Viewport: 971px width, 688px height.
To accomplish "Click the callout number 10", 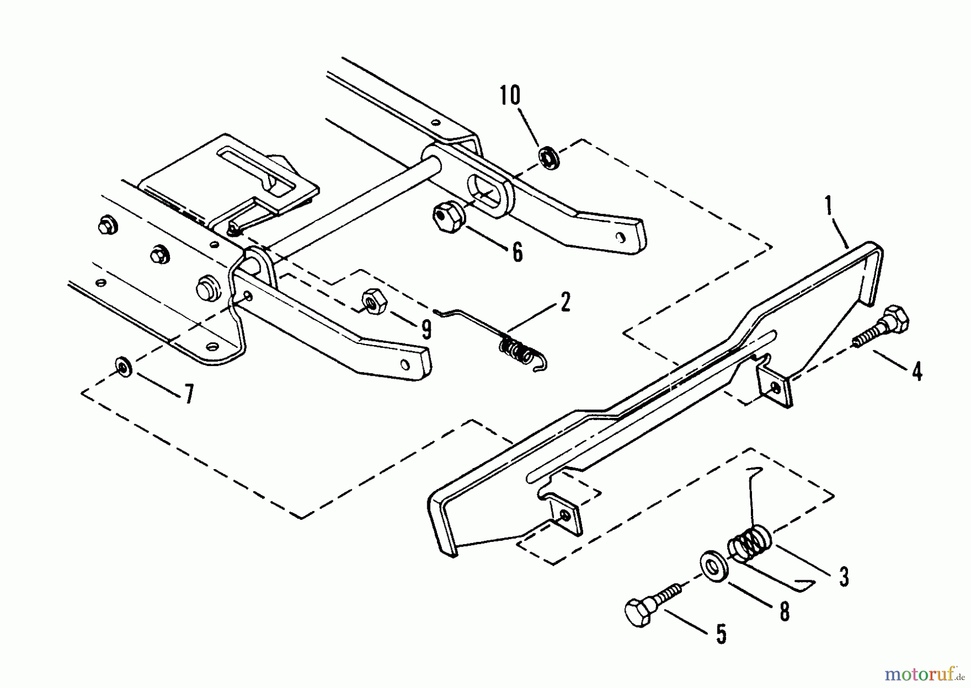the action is tap(510, 96).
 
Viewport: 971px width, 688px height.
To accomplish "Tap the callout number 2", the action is tap(565, 303).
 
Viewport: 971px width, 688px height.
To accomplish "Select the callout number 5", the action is tap(721, 634).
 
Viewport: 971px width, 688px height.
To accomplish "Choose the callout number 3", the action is tap(843, 576).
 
